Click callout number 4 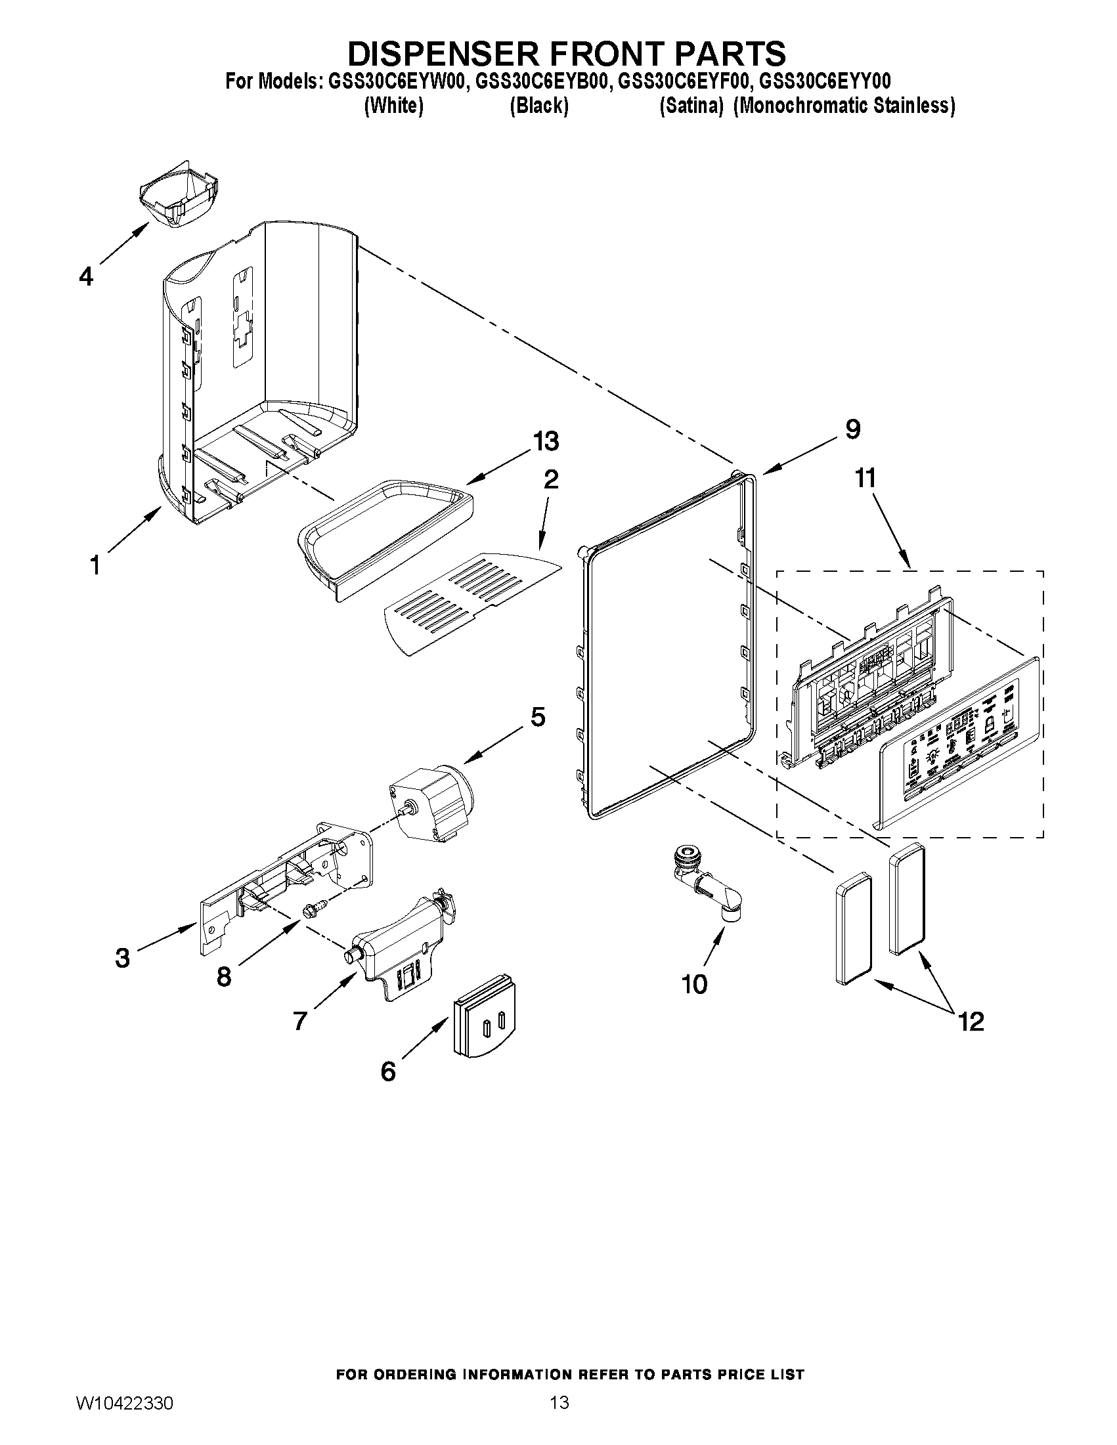click(86, 276)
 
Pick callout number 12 click(971, 1022)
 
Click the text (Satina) click(691, 106)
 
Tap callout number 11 click(865, 477)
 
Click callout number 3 click(122, 957)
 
